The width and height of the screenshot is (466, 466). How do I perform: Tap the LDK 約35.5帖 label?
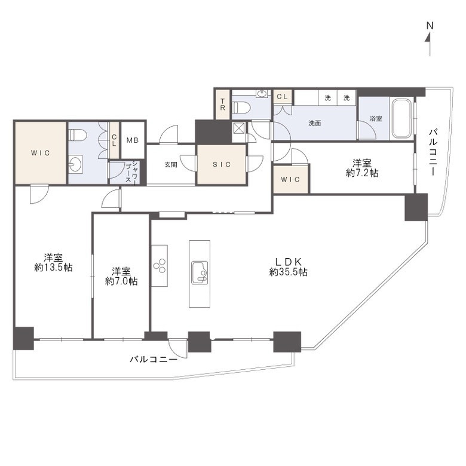point(289,267)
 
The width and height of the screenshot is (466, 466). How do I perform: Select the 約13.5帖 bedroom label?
point(54,262)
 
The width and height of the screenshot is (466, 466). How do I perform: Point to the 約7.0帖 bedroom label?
point(121,277)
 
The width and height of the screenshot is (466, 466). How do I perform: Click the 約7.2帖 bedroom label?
point(362,168)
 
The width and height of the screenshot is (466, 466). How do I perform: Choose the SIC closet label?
point(222,164)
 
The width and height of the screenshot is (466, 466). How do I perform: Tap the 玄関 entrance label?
point(171,164)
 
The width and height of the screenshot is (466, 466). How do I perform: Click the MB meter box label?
point(133,140)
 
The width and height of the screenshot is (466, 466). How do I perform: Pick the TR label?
point(223,105)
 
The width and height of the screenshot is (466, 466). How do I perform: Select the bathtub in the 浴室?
point(402,118)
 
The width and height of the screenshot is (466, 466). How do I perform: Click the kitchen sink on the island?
point(200,272)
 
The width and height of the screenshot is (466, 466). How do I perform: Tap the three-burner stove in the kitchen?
point(160,265)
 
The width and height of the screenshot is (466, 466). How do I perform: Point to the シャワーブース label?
point(131,172)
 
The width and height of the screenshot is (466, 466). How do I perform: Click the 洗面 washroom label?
point(314,123)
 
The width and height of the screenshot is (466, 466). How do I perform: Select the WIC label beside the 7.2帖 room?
point(290,179)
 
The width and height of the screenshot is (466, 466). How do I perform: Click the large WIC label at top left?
point(41,153)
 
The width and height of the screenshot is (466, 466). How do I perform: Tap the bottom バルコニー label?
point(154,359)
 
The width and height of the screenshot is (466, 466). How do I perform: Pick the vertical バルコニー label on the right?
point(433,152)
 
